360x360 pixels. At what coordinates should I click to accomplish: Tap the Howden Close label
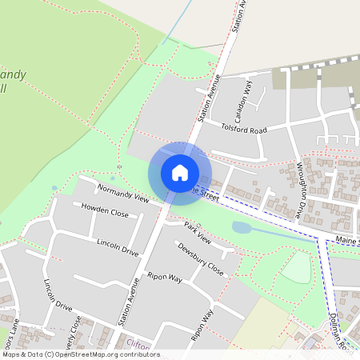click(x=105, y=210)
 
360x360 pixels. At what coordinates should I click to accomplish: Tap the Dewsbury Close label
click(x=200, y=259)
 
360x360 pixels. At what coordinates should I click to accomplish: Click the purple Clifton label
click(x=138, y=345)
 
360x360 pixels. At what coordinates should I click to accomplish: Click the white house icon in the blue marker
click(x=180, y=173)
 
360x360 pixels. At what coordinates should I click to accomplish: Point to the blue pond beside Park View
click(x=242, y=227)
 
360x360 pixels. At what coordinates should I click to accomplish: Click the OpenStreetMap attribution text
click(x=80, y=354)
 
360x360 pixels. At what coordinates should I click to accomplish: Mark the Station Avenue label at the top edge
click(x=238, y=16)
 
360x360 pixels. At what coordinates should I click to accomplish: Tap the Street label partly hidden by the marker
click(x=204, y=194)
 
